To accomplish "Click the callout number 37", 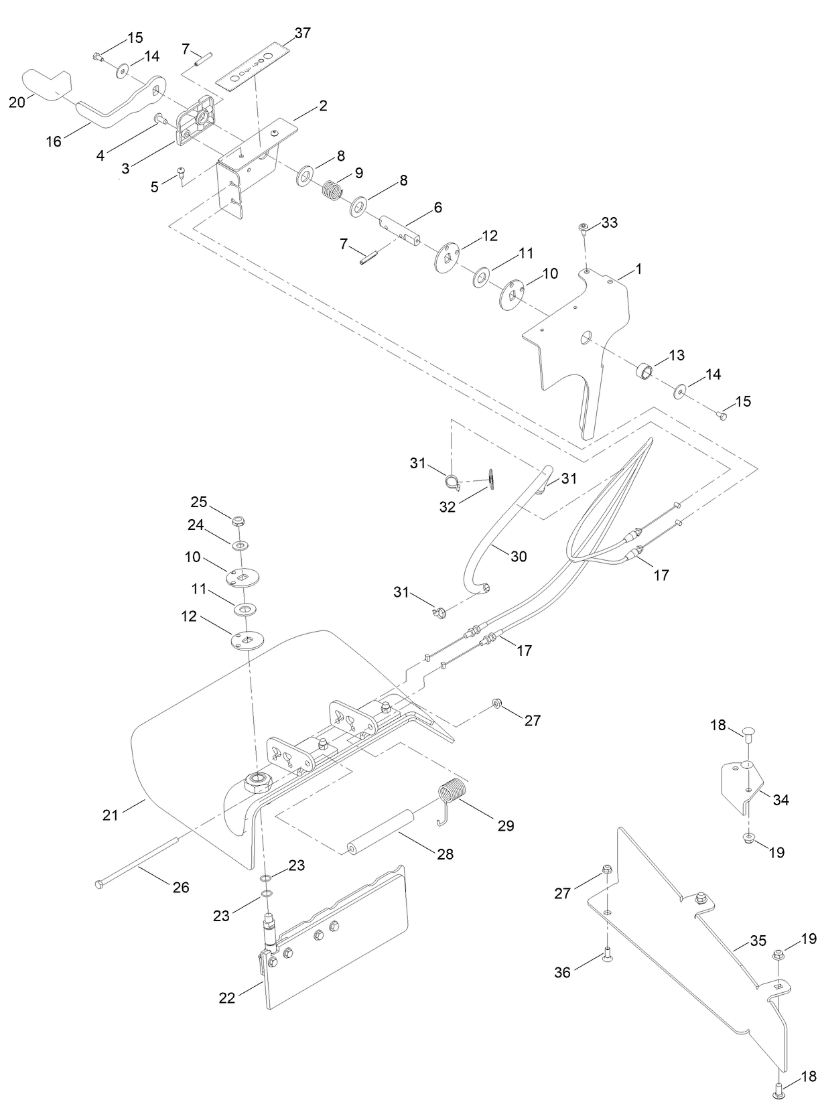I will click(302, 33).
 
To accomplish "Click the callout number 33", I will click(610, 222).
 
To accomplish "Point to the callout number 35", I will click(758, 941).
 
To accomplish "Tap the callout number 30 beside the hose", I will click(519, 556).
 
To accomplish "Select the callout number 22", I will click(227, 998).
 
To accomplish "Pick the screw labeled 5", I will click(181, 173).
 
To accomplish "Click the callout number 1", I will click(638, 269).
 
